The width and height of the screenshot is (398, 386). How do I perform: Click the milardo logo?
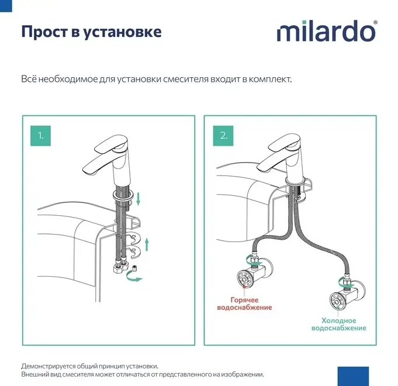tap(327, 31)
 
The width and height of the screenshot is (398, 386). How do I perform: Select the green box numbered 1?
tap(40, 136)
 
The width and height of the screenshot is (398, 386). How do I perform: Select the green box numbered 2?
tap(223, 136)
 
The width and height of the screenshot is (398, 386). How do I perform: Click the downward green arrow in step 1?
tap(138, 199)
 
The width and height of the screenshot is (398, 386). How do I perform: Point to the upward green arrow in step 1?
tap(147, 244)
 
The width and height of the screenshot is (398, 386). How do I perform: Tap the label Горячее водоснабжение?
tap(244, 304)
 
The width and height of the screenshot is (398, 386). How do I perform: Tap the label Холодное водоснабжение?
tap(339, 324)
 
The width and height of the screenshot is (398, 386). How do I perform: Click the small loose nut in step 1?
tap(134, 268)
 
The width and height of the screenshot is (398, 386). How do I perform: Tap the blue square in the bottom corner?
tap(353, 377)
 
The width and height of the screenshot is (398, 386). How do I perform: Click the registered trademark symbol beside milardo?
tap(375, 23)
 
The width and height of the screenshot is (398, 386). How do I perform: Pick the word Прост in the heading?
tap(44, 32)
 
